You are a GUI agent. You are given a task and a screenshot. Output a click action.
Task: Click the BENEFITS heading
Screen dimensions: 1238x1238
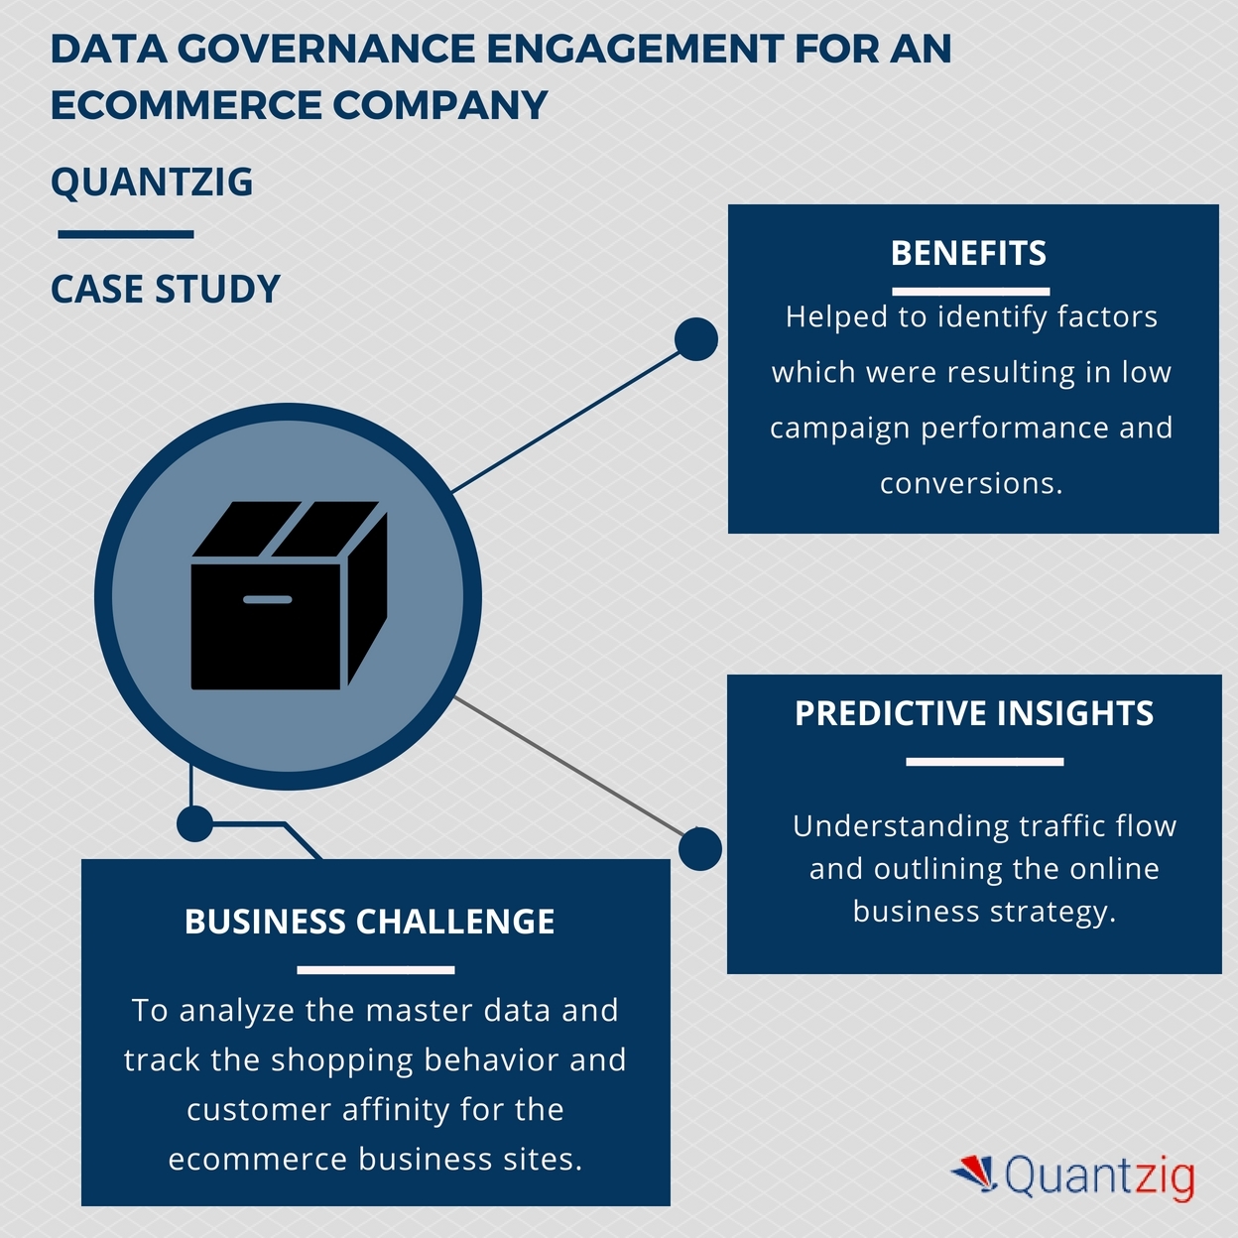(x=968, y=254)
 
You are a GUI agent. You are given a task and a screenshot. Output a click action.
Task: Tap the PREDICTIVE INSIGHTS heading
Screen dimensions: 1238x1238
(x=974, y=714)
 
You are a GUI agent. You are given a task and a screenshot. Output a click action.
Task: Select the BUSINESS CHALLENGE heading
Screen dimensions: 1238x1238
(x=369, y=923)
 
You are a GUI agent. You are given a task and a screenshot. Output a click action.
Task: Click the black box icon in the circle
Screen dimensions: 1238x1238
(x=288, y=595)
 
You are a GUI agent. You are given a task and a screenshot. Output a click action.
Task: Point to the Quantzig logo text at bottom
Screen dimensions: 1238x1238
(x=1099, y=1177)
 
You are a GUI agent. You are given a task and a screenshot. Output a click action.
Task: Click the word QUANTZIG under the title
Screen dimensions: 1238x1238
(x=152, y=183)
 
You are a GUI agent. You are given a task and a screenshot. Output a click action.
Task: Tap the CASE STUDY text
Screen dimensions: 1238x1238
(x=166, y=290)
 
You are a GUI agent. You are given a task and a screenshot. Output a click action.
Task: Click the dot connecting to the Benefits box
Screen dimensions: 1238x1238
(x=695, y=339)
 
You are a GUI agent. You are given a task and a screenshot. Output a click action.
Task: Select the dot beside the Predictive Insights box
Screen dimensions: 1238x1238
(x=700, y=849)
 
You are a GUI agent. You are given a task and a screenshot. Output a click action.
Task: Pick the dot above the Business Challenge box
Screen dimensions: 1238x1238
(x=194, y=823)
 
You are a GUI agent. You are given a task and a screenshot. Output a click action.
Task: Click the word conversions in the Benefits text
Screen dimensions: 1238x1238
(x=969, y=484)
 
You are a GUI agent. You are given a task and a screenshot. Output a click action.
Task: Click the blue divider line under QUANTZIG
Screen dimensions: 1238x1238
(x=126, y=235)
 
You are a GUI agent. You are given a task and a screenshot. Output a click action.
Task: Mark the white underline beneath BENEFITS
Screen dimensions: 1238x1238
(x=970, y=292)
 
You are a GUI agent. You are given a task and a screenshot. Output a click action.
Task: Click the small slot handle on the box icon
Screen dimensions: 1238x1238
(x=268, y=599)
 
